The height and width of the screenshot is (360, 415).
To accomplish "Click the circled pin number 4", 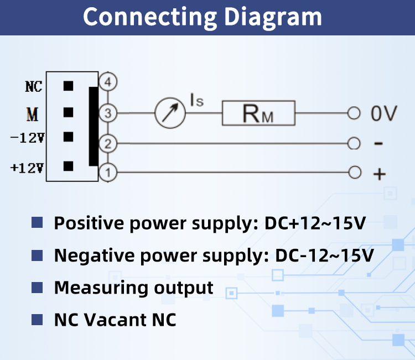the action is pyautogui.click(x=108, y=82).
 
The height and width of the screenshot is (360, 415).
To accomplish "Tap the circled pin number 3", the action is pyautogui.click(x=108, y=113).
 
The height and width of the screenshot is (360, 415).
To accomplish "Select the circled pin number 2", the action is pyautogui.click(x=108, y=144).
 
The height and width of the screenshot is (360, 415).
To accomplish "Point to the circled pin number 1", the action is pyautogui.click(x=108, y=173).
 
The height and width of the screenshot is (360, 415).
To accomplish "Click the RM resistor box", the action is pyautogui.click(x=258, y=113).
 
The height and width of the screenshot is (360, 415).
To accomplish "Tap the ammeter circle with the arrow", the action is pyautogui.click(x=170, y=113).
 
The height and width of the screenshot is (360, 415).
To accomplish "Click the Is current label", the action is pyautogui.click(x=197, y=100).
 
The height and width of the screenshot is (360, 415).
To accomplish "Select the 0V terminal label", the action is pyautogui.click(x=384, y=113).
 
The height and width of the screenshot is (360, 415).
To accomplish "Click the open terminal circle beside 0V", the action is pyautogui.click(x=354, y=113).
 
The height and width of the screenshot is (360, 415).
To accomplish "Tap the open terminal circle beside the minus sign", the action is pyautogui.click(x=354, y=143).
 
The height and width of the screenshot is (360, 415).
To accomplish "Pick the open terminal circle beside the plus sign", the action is pyautogui.click(x=355, y=173).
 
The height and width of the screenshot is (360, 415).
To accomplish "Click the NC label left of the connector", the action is pyautogui.click(x=34, y=86).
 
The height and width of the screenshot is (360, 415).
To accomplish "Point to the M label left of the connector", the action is pyautogui.click(x=33, y=114).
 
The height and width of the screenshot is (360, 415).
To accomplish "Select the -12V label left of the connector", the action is pyautogui.click(x=27, y=138).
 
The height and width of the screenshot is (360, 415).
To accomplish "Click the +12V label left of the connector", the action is pyautogui.click(x=27, y=168).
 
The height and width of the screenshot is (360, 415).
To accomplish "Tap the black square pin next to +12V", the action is pyautogui.click(x=68, y=166).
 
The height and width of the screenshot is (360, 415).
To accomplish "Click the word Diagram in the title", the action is pyautogui.click(x=273, y=18).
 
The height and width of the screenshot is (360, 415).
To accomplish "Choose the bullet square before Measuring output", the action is pyautogui.click(x=37, y=288).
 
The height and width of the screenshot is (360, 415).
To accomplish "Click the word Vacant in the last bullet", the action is pyautogui.click(x=115, y=320).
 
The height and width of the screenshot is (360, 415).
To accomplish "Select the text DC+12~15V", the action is pyautogui.click(x=315, y=223).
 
